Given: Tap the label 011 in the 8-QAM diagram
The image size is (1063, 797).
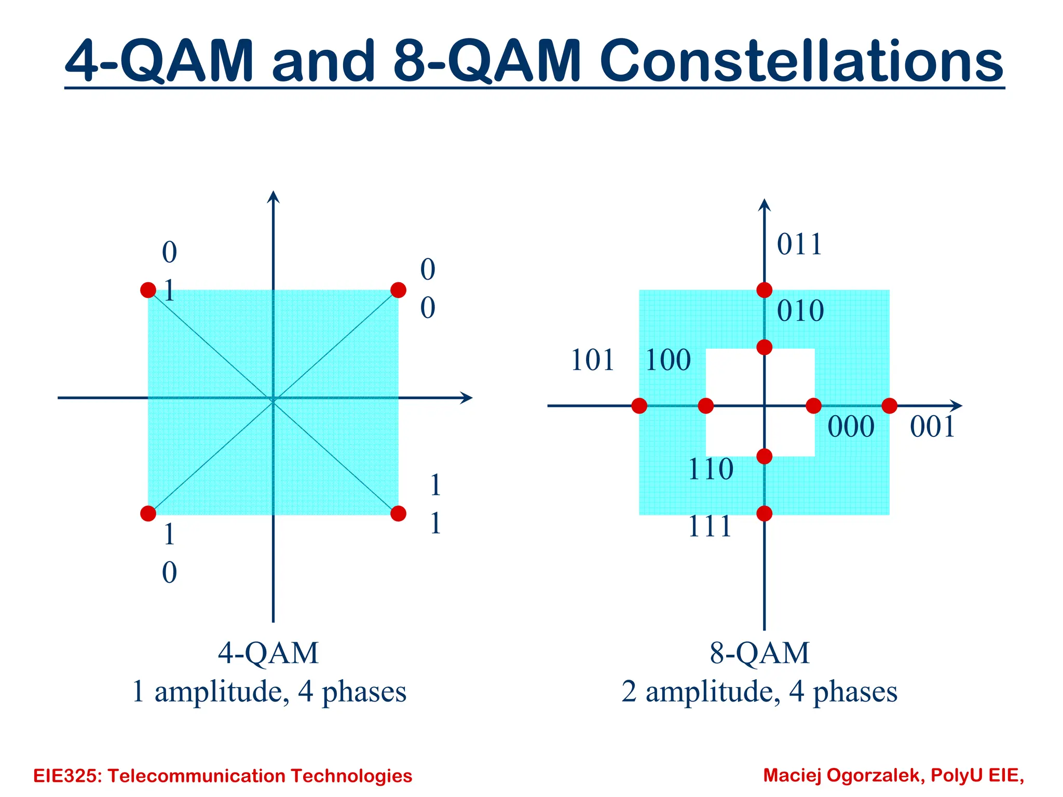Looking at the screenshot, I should [x=799, y=244].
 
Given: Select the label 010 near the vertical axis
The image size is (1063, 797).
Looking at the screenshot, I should [x=800, y=311].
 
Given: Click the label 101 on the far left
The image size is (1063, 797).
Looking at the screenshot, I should [x=592, y=360].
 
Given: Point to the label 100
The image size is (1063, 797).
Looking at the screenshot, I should [x=668, y=360].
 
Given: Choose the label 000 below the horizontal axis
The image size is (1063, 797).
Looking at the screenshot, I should [x=851, y=427].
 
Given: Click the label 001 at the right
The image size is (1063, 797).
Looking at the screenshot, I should [x=932, y=427].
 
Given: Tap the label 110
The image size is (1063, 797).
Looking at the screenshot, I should [x=711, y=470].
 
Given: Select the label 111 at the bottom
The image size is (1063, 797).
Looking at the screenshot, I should [x=710, y=527].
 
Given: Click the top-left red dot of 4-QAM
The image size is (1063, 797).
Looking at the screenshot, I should [x=148, y=290].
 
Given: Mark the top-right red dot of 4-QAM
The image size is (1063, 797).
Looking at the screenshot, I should [x=398, y=290].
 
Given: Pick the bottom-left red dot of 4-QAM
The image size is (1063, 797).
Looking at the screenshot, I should [x=148, y=514].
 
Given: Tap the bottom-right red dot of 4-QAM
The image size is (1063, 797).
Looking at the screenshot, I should [x=398, y=514].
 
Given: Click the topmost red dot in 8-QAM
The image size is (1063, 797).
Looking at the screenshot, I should [x=764, y=290].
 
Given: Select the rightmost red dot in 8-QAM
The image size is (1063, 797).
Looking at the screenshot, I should [x=890, y=406].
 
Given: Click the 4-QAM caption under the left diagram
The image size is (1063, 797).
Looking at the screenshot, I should [x=268, y=653].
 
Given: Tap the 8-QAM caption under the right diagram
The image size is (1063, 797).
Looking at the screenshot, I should [x=759, y=653].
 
